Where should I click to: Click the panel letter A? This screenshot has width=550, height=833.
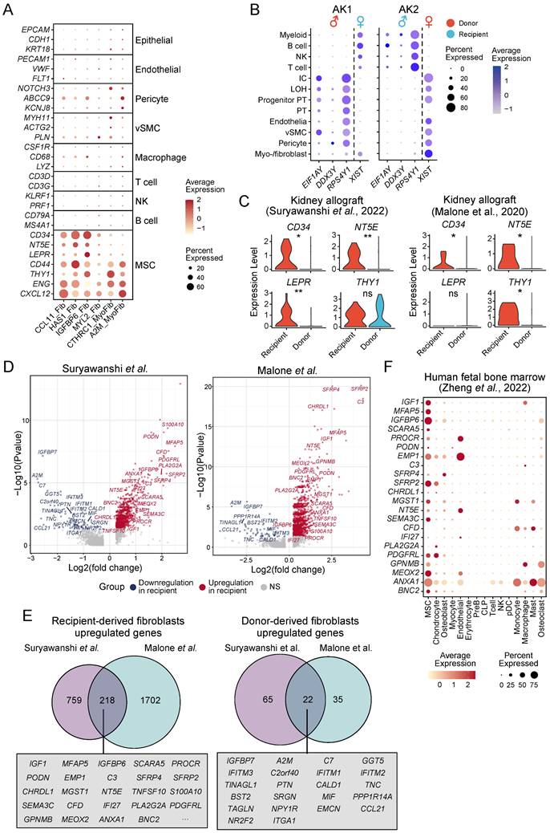tap(9, 9)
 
